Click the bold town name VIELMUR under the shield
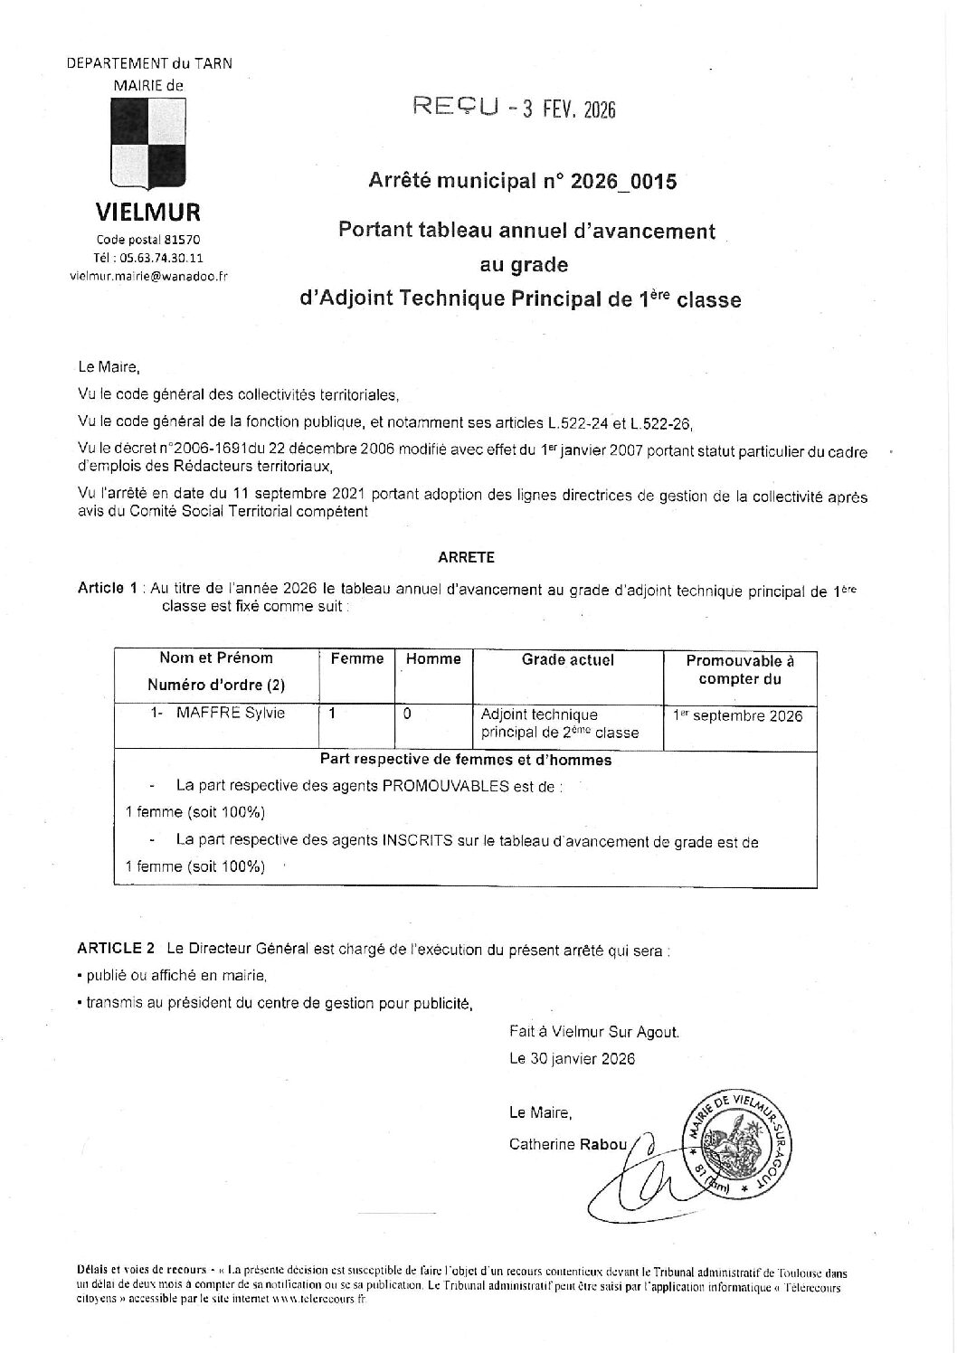click(148, 213)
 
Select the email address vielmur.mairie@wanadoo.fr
click(148, 276)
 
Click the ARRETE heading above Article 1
click(466, 558)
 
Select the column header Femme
click(357, 659)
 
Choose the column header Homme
click(433, 659)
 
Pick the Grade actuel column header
click(568, 659)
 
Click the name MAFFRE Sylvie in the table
click(230, 713)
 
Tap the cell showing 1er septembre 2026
click(738, 716)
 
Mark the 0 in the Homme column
click(407, 714)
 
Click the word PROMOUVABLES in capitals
click(447, 786)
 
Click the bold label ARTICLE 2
click(116, 949)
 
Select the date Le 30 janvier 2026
click(572, 1058)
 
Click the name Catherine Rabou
click(568, 1144)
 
